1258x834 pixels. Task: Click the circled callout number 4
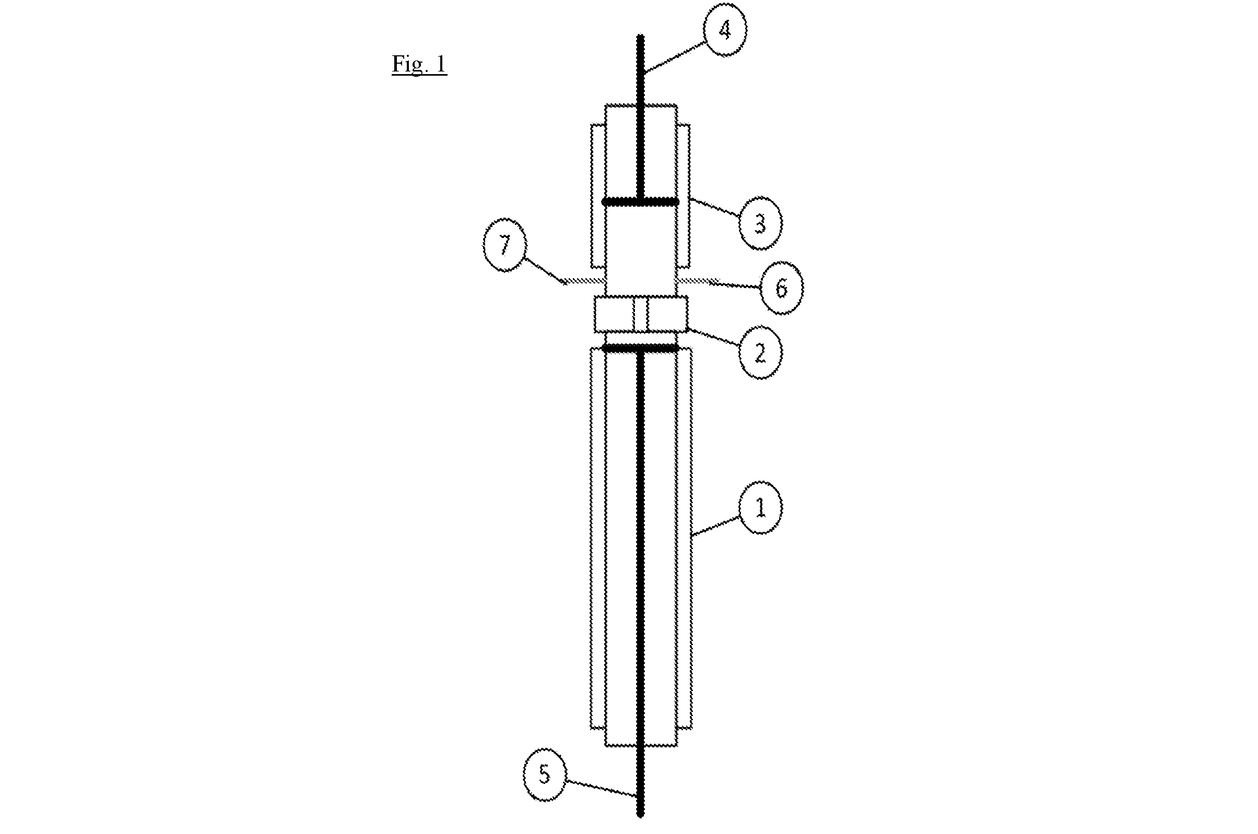[x=725, y=31]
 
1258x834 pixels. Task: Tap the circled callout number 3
[x=760, y=223]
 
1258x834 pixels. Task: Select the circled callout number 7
[x=504, y=245]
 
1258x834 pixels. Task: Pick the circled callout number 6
[x=781, y=288]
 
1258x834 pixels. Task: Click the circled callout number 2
[x=760, y=352]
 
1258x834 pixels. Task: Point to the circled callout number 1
[x=760, y=507]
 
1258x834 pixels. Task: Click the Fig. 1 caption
[x=419, y=64]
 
